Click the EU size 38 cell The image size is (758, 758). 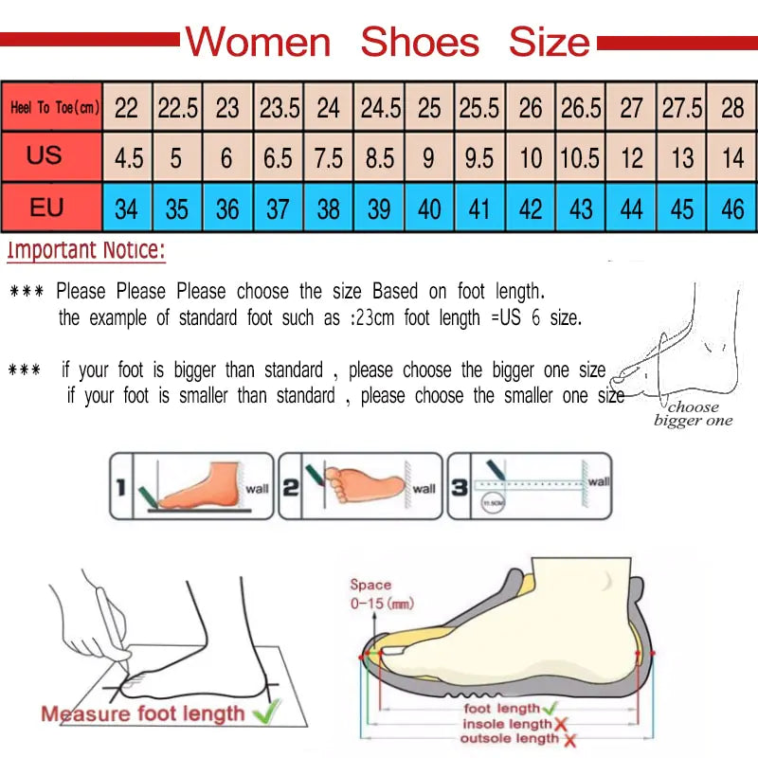pyautogui.click(x=328, y=208)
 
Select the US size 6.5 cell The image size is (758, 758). pyautogui.click(x=278, y=157)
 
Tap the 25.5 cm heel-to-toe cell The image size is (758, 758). pyautogui.click(x=478, y=107)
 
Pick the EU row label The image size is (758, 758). pyautogui.click(x=46, y=206)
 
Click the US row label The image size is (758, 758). pyautogui.click(x=45, y=155)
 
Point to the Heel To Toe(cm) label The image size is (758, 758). pyautogui.click(x=53, y=107)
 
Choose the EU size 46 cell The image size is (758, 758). pyautogui.click(x=731, y=208)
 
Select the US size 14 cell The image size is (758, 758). pyautogui.click(x=732, y=157)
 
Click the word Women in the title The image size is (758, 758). pyautogui.click(x=258, y=43)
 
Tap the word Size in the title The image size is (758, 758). pyautogui.click(x=550, y=43)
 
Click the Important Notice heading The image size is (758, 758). pyautogui.click(x=86, y=251)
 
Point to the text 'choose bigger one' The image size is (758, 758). pyautogui.click(x=694, y=414)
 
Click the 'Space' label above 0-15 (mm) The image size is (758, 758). pyautogui.click(x=370, y=585)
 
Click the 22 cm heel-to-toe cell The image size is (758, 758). pyautogui.click(x=126, y=107)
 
